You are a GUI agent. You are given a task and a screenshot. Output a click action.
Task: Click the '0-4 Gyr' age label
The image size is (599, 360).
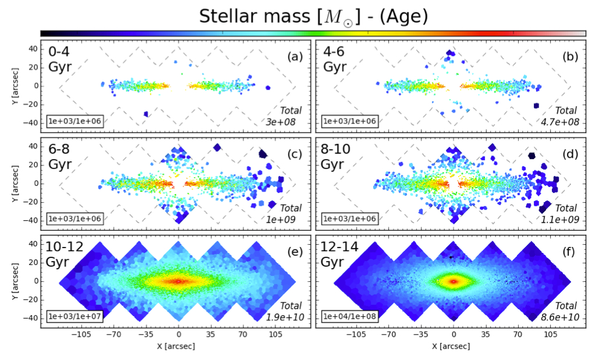(60, 58)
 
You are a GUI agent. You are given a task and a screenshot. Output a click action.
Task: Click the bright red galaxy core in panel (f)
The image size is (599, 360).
(453, 281)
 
